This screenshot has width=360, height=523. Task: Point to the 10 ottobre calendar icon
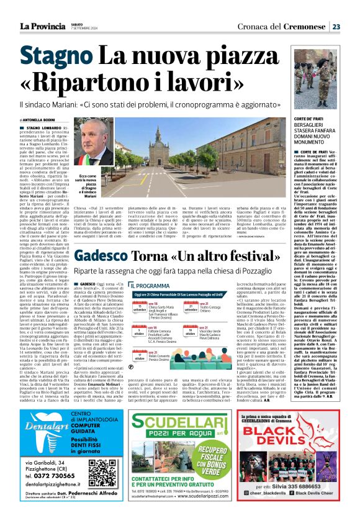pyautogui.click(x=191, y=332)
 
